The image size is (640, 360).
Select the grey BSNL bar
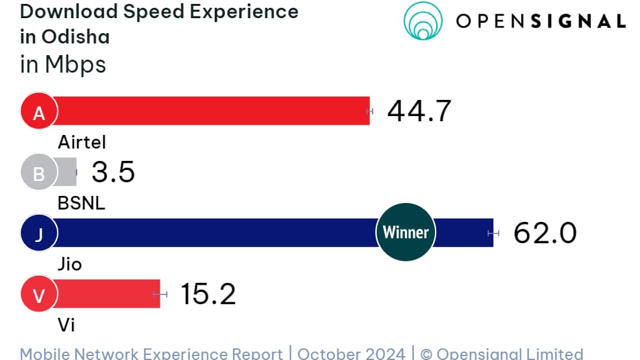(67, 173)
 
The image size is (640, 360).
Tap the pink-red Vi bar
(107, 294)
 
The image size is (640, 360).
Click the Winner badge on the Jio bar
(406, 232)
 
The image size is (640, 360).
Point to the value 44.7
(419, 112)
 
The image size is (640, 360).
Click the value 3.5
(113, 173)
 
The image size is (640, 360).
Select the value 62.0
(545, 233)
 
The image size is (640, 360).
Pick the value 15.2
(208, 294)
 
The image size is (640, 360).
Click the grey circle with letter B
(39, 173)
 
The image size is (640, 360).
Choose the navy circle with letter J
(39, 234)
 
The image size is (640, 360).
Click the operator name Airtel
(82, 142)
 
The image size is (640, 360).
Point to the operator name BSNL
(82, 203)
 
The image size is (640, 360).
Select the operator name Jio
(70, 264)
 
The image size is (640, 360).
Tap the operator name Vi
(66, 324)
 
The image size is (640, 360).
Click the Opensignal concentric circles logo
(423, 21)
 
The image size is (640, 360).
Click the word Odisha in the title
(75, 36)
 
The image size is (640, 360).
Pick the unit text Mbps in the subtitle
(75, 64)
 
